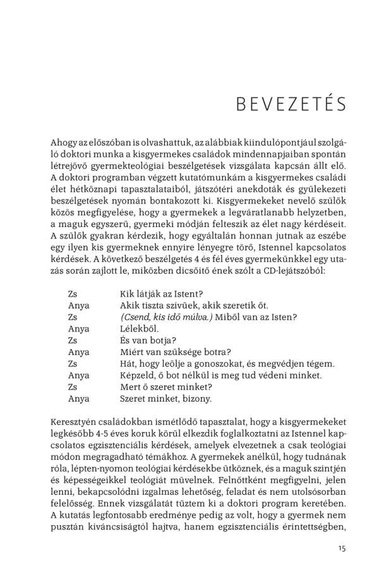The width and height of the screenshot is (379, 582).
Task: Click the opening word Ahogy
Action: [x=63, y=145]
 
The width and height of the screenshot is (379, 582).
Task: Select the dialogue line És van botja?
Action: [x=139, y=339]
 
